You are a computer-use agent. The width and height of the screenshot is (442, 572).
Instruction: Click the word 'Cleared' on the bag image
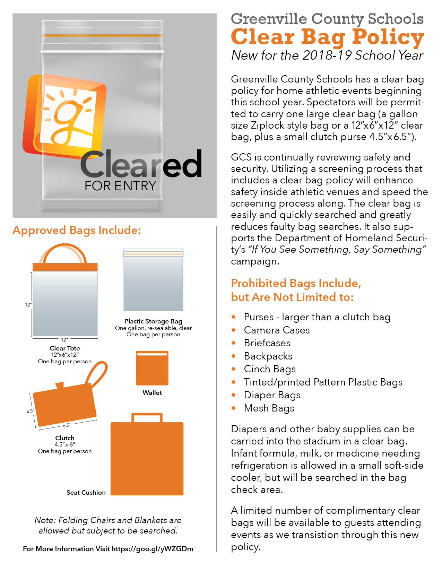[x=141, y=164]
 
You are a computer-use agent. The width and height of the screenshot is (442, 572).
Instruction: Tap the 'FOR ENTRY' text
[x=120, y=186]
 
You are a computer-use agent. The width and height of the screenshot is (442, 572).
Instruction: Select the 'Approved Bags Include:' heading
[x=77, y=231]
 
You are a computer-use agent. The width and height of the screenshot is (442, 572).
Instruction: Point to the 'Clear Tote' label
[x=65, y=348]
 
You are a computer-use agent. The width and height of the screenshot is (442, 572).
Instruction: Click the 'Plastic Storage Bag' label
[x=153, y=321]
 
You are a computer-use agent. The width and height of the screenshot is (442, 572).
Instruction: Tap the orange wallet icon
[x=152, y=368]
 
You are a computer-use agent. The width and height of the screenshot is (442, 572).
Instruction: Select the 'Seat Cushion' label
[x=86, y=493]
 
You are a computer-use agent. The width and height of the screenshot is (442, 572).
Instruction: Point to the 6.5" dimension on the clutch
[x=67, y=425]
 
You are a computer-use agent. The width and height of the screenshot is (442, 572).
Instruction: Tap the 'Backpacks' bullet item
[x=268, y=356]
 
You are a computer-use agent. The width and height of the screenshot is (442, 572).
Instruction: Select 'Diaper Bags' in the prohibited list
[x=272, y=395]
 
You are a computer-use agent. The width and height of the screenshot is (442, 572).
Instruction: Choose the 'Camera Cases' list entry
[x=277, y=330]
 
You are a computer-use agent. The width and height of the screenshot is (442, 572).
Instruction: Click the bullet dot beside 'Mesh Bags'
[x=234, y=408]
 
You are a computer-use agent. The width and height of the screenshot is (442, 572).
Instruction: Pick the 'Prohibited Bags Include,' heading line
[x=296, y=284]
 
